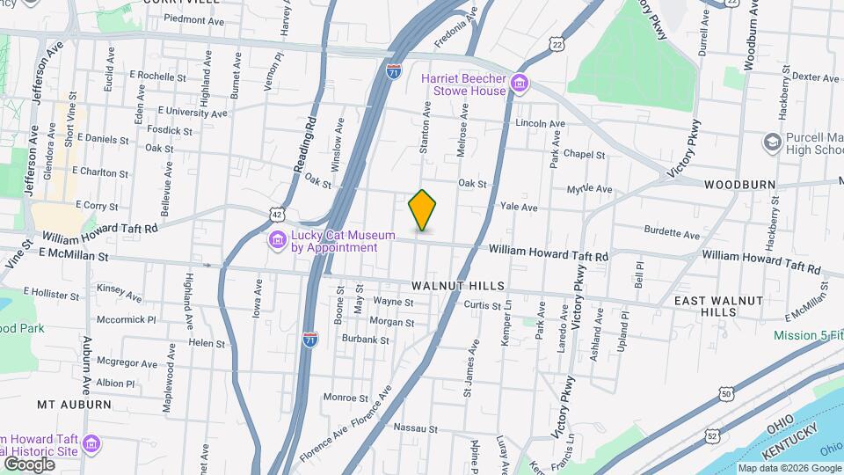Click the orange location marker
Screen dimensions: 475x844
(x=423, y=210)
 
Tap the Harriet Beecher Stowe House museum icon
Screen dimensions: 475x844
(x=520, y=84)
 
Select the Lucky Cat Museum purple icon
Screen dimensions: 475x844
(x=277, y=240)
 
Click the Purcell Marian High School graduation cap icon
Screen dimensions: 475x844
(x=772, y=142)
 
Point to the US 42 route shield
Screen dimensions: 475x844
(x=278, y=214)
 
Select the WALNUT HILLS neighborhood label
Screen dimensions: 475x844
(x=458, y=286)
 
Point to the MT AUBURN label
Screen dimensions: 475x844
(x=74, y=405)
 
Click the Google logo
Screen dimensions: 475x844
(x=29, y=464)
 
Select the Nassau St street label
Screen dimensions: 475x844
(x=415, y=428)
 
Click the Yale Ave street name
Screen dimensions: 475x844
(x=518, y=208)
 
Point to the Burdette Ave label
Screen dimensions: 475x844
(x=673, y=235)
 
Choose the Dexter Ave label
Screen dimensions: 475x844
(x=810, y=77)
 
